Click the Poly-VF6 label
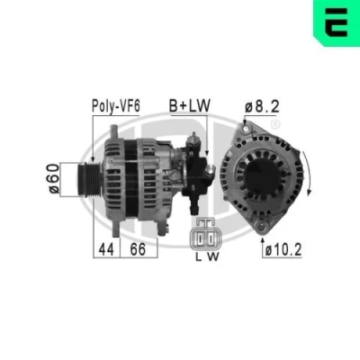[x=116, y=106]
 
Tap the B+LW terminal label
[x=190, y=105]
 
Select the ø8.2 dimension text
[x=262, y=106]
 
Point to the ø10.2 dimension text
[x=283, y=249]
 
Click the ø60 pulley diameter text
[x=54, y=179]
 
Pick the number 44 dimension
[x=106, y=249]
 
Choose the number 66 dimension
[x=138, y=249]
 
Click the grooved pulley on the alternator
[x=90, y=180]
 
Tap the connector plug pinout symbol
[x=202, y=234]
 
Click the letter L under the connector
[x=199, y=256]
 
